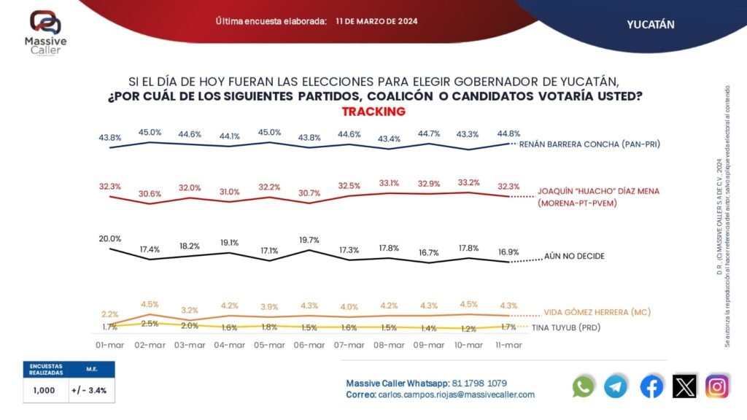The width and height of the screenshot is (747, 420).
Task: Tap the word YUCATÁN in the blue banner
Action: pos(651,24)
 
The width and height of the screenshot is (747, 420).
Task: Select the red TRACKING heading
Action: pos(373,112)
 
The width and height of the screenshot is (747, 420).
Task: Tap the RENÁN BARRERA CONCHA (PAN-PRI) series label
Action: pos(589,144)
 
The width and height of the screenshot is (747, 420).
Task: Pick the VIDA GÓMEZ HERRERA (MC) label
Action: pos(596,312)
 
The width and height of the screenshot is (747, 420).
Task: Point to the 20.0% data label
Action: pos(110,239)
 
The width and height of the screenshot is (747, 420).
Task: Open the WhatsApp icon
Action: pos(584,386)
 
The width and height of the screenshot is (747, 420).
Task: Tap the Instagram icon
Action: pos(717,386)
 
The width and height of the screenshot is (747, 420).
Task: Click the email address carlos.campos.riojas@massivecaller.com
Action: pos(457,394)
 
